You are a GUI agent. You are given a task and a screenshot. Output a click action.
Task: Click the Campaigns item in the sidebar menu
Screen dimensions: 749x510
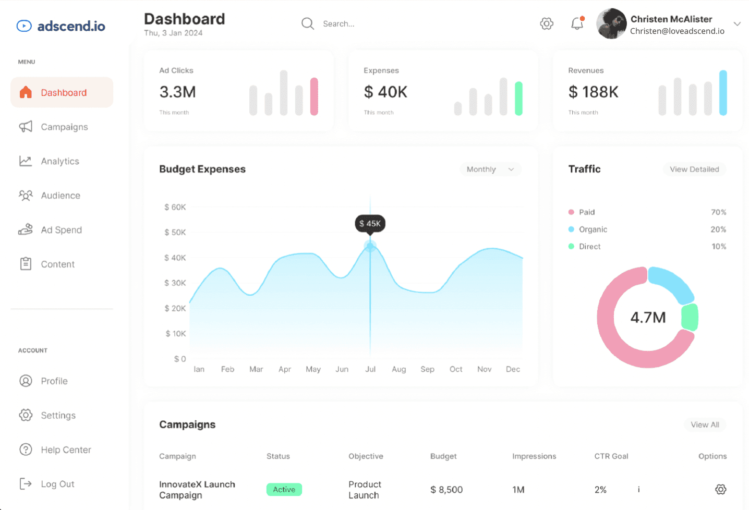click(x=54, y=127)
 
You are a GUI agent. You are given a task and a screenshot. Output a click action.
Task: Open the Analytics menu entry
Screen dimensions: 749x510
click(x=49, y=161)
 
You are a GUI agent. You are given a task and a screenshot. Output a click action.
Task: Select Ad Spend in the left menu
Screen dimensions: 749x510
click(x=50, y=229)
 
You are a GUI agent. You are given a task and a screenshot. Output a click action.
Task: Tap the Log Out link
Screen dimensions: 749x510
click(x=47, y=484)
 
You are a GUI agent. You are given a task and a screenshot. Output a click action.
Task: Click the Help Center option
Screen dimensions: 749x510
click(x=55, y=450)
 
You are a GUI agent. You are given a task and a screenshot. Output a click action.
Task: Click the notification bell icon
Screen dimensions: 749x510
click(x=577, y=23)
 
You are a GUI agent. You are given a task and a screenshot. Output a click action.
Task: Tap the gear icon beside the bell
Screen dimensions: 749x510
click(x=547, y=24)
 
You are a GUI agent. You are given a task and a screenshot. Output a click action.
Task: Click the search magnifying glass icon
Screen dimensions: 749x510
click(x=308, y=24)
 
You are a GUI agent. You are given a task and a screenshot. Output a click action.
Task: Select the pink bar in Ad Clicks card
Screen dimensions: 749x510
click(x=314, y=96)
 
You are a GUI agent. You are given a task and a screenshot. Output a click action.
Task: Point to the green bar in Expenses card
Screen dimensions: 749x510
click(x=518, y=99)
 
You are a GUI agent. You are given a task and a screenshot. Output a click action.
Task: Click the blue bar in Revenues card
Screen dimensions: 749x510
click(x=723, y=93)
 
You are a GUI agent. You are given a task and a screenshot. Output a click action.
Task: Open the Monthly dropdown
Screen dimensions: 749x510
click(x=490, y=169)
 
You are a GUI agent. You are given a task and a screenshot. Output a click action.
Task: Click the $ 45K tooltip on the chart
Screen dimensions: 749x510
click(x=370, y=224)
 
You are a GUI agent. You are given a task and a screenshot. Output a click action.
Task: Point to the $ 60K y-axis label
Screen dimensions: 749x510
click(x=175, y=207)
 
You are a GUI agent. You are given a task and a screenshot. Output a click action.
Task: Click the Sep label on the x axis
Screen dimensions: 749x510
click(x=427, y=369)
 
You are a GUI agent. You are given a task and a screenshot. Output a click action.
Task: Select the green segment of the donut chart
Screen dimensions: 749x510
click(x=690, y=317)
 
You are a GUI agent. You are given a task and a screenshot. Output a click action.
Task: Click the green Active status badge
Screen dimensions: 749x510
click(x=284, y=490)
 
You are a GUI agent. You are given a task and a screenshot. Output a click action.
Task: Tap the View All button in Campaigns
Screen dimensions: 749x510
click(x=705, y=424)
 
